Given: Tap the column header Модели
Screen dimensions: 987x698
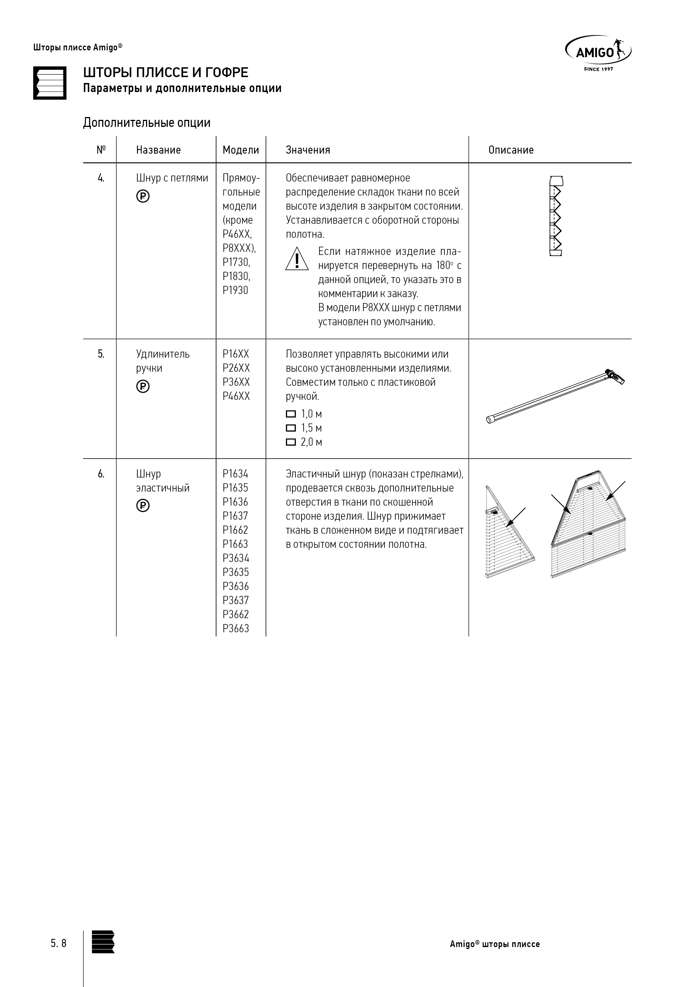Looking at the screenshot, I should point(241,150).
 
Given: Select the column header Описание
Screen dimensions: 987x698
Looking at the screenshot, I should point(511,150).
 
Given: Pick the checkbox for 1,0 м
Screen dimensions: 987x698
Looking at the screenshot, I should point(291,414).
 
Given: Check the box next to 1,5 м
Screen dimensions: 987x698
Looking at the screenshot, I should point(291,428).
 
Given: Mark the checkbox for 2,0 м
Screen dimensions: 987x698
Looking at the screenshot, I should point(291,442).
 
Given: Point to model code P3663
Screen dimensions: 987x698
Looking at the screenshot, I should point(236,629).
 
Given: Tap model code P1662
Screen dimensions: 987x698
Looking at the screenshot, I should point(235,530).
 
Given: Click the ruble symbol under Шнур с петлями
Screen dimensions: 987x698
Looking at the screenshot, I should point(143,196).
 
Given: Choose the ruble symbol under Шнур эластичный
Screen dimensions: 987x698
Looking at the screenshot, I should point(143,506).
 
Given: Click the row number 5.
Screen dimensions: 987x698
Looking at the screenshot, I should point(101,354).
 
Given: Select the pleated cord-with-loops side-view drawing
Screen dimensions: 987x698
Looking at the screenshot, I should point(556,216).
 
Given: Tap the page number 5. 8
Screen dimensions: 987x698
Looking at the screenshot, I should point(59,943).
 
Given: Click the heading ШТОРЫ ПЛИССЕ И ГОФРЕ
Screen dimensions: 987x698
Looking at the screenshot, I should point(165,72).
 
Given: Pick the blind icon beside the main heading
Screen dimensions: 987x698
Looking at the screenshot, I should point(50,83).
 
